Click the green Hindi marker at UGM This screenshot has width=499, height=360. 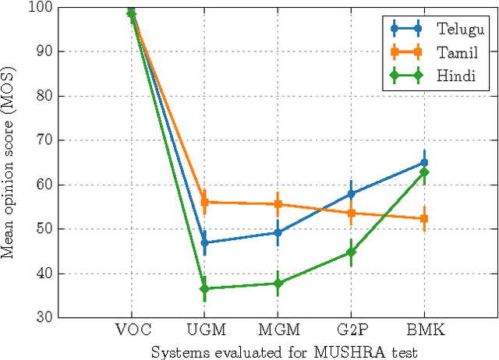[204, 288]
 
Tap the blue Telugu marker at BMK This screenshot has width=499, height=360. [424, 163]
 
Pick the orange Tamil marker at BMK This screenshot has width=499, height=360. [424, 219]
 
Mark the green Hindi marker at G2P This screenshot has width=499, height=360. [351, 252]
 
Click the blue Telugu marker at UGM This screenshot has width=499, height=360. [204, 242]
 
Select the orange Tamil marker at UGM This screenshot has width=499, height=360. [204, 202]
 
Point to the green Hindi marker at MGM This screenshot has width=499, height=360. [278, 284]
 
